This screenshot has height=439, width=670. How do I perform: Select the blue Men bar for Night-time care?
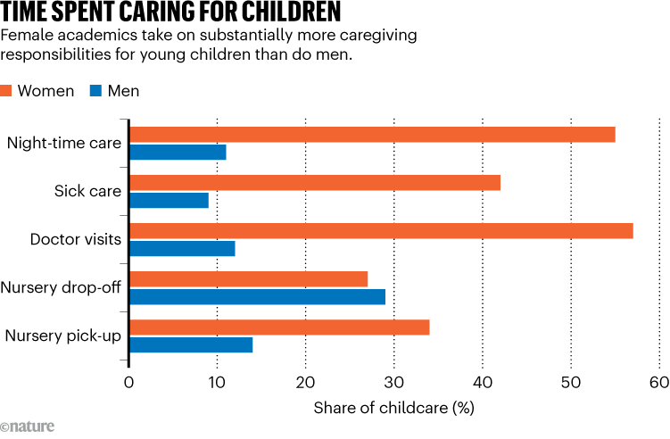pyautogui.click(x=178, y=152)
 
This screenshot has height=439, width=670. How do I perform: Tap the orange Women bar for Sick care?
pyautogui.click(x=315, y=183)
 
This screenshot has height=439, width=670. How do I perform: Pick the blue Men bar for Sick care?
pyautogui.click(x=169, y=200)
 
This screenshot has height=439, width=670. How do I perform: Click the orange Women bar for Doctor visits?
pyautogui.click(x=381, y=231)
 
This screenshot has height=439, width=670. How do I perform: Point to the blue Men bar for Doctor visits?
pyautogui.click(x=182, y=248)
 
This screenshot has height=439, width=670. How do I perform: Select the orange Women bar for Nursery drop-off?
pyautogui.click(x=249, y=279)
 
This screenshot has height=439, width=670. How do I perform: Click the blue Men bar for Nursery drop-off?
pyautogui.click(x=257, y=296)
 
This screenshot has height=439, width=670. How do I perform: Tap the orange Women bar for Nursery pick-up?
pyautogui.click(x=279, y=327)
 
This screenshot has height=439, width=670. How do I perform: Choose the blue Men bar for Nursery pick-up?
pyautogui.click(x=191, y=344)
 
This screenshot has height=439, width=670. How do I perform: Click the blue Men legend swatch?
pyautogui.click(x=95, y=91)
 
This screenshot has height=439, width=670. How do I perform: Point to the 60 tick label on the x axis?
pyautogui.click(x=658, y=384)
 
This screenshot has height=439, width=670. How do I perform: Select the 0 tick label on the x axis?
pyautogui.click(x=129, y=384)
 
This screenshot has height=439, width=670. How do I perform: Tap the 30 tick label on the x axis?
pyautogui.click(x=394, y=384)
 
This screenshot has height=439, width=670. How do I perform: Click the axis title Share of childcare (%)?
pyautogui.click(x=393, y=409)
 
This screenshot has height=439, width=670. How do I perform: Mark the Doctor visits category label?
pyautogui.click(x=75, y=239)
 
